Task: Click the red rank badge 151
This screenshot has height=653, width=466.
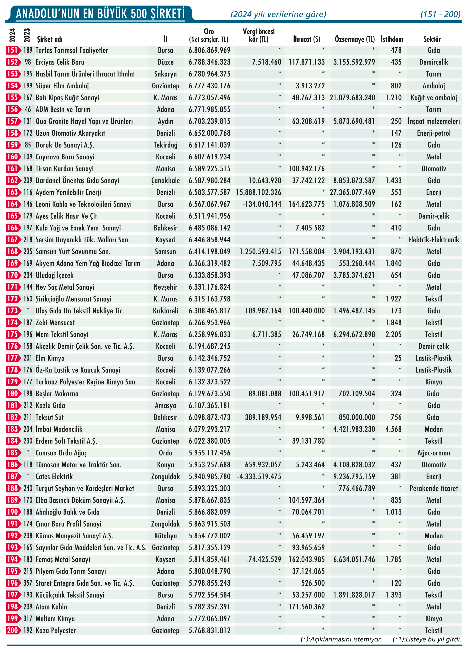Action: point(13,50)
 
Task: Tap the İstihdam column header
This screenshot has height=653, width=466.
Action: point(392,39)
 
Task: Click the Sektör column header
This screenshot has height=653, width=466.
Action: point(432,39)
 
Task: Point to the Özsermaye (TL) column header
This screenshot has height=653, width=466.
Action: point(355,39)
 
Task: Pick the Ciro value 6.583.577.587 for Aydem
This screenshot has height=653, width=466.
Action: point(209,192)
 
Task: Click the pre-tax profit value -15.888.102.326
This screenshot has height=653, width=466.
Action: point(257,192)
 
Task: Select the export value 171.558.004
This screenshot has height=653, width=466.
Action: point(306,251)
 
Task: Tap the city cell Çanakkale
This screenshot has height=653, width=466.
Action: point(165,181)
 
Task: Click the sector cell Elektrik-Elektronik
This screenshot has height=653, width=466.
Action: point(434,240)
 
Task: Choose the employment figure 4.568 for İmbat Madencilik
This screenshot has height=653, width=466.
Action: point(394,429)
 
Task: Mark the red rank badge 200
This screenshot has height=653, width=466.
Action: point(13,630)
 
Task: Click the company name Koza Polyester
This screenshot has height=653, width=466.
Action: point(56,630)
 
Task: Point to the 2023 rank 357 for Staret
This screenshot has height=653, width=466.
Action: point(28,583)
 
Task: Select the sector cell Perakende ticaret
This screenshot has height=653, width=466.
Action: point(434,488)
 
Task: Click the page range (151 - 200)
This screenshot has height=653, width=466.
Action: point(440,14)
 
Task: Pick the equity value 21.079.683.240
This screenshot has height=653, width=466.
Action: point(352,97)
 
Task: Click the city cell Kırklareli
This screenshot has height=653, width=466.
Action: point(165,311)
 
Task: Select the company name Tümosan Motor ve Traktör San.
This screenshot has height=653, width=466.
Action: point(78,465)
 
